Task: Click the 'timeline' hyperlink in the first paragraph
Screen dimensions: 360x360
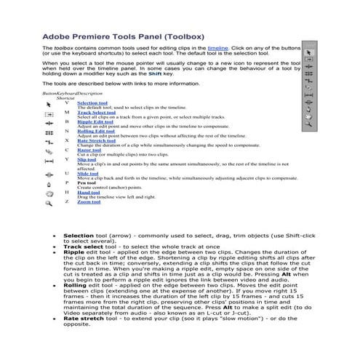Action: tap(217, 47)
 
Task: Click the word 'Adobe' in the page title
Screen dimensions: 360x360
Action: tap(57, 33)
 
